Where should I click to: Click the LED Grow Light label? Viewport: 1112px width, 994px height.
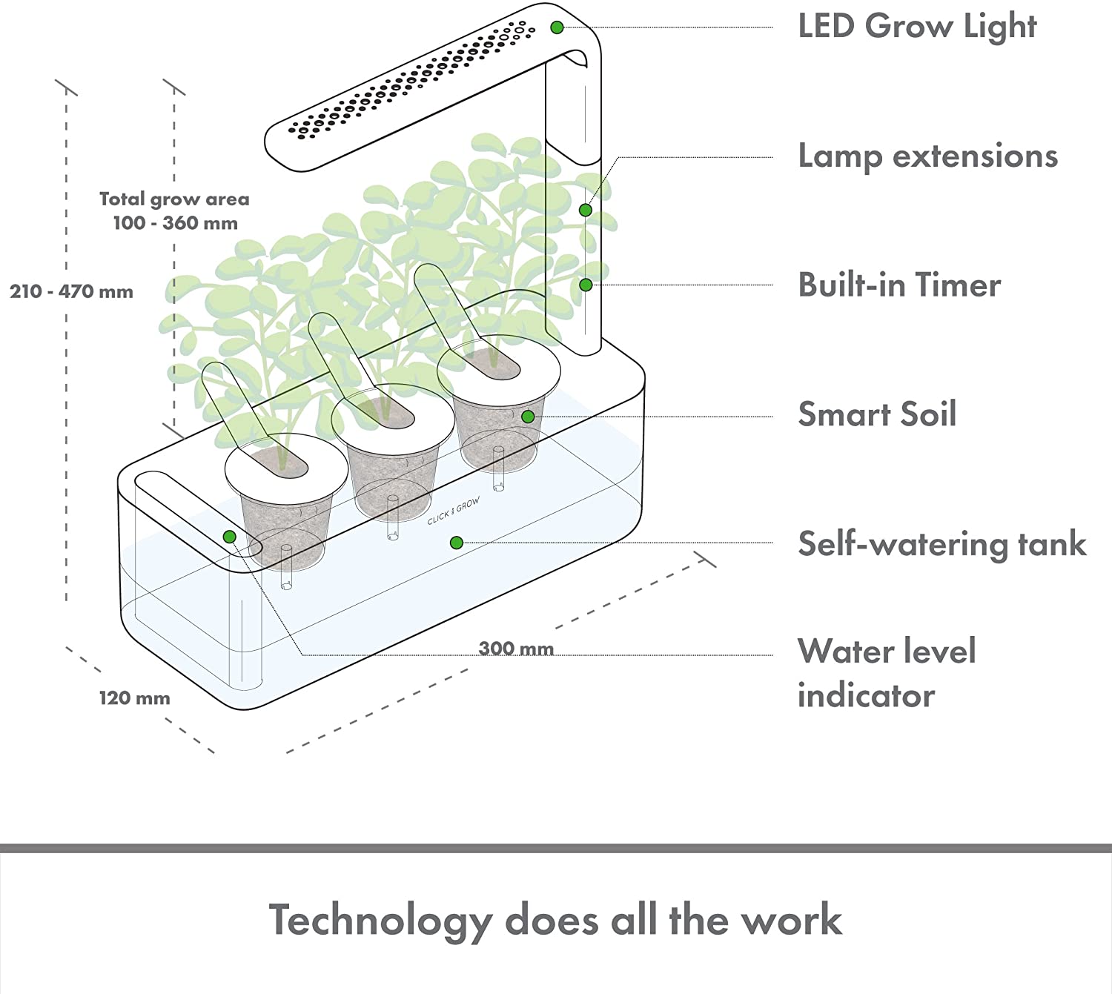click(x=916, y=27)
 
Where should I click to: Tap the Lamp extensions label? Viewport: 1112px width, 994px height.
click(x=927, y=156)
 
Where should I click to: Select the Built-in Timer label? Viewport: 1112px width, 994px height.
click(x=898, y=285)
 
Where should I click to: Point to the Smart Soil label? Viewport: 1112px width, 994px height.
click(x=877, y=414)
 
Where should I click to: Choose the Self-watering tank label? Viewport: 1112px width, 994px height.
click(x=941, y=544)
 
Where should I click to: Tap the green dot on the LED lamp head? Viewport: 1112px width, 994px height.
click(x=557, y=27)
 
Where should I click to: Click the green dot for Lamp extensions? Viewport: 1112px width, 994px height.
click(x=586, y=210)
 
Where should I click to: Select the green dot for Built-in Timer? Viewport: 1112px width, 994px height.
click(x=586, y=285)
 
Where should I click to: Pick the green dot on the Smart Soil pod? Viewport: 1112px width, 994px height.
click(x=528, y=417)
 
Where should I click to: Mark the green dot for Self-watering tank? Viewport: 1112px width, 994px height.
click(x=457, y=543)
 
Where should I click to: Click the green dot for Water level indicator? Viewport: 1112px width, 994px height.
click(x=229, y=537)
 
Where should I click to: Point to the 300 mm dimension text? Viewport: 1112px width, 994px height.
click(x=516, y=649)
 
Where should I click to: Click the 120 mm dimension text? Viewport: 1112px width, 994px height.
click(x=134, y=698)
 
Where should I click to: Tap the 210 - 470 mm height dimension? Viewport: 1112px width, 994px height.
click(x=71, y=291)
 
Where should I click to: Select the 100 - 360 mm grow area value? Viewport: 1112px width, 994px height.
click(x=175, y=223)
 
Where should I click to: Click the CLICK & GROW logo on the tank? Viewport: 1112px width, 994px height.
click(x=454, y=511)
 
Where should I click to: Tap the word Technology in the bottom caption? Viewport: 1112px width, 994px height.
click(x=380, y=921)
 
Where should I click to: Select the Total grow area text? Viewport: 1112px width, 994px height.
click(x=174, y=199)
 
